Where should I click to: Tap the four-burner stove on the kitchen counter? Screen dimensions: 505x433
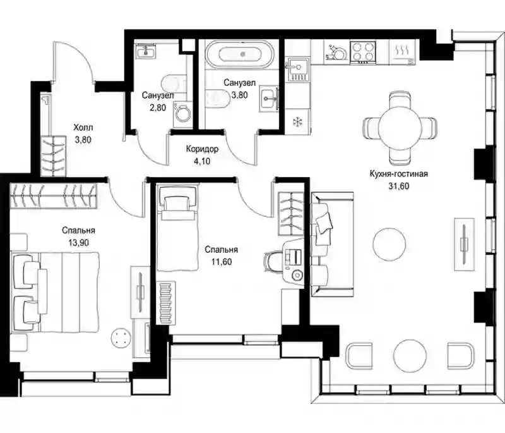(363, 52)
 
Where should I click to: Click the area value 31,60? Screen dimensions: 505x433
(399, 186)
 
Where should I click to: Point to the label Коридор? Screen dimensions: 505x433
(202, 149)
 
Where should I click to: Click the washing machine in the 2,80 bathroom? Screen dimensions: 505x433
(182, 114)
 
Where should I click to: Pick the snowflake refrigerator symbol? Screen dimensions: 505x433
(297, 122)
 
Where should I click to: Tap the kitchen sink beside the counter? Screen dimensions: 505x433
(298, 69)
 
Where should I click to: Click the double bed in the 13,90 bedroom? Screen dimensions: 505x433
(55, 293)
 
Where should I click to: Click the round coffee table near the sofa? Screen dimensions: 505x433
(389, 244)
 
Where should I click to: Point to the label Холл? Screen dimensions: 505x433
(83, 127)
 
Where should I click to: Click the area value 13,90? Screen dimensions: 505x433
(78, 243)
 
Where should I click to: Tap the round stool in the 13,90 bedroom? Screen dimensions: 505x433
(121, 338)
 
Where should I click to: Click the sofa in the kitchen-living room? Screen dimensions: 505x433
(332, 244)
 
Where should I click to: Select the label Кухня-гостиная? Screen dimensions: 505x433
(399, 174)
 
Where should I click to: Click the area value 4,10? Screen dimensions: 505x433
(202, 161)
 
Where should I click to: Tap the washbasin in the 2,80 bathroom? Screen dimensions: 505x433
(146, 51)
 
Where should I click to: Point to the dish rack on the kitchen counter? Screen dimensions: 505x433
(336, 52)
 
